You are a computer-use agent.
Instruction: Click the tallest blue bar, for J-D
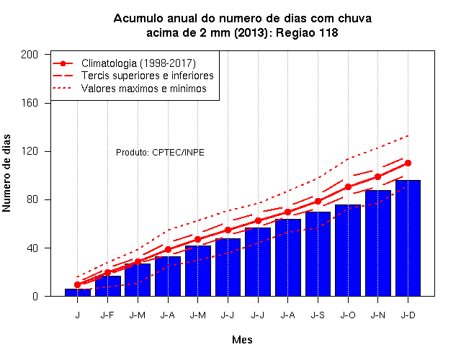coord(408,238)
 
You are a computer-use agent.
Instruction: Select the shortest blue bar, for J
coord(78,292)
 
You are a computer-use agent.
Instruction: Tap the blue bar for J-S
coord(318,254)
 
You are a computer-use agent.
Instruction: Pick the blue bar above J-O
coord(348,251)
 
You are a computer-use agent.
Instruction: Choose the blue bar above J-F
coord(107,286)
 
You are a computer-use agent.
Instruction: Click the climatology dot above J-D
coord(408,163)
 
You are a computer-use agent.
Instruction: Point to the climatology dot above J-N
coord(377,176)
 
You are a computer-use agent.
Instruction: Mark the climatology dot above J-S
coord(318,202)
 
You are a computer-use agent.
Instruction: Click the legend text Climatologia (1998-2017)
coord(138,63)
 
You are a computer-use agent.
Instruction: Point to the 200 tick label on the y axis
coord(30,55)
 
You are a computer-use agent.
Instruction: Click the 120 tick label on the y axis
coord(30,151)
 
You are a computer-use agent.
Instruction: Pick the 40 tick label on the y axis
coord(32,248)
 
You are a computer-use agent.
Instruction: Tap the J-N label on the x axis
coord(377,315)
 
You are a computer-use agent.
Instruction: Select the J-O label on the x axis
coord(348,315)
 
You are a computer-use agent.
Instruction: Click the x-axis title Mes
coord(242,340)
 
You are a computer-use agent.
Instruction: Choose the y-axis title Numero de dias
coord(6,173)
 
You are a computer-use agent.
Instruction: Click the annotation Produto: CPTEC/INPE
coord(160,153)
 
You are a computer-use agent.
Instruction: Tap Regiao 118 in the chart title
coord(307,32)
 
